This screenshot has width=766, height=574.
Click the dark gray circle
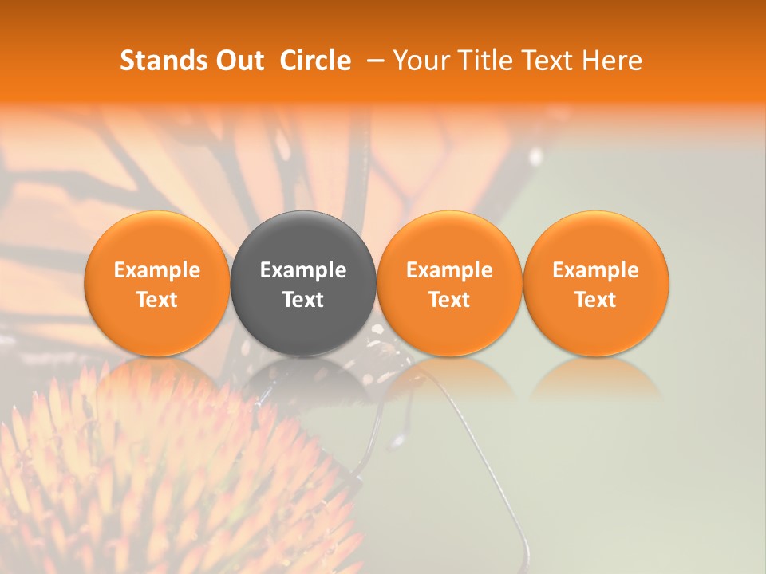pos(303,239)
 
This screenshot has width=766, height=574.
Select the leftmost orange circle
pos(157,239)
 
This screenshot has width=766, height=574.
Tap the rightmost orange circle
pos(596,239)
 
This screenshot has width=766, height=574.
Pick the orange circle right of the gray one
pos(449,239)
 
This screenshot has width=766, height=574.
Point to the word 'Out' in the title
pos(238,61)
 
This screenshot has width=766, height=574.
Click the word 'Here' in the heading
pos(612,61)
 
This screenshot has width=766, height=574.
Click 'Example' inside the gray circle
pos(303,270)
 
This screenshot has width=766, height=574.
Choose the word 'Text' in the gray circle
pos(303,300)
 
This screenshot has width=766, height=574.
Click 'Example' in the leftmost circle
pos(157,270)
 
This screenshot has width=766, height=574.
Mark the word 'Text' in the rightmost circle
pos(596,300)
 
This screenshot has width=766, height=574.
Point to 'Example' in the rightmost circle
pos(596,270)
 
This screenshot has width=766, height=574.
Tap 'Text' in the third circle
pos(449,300)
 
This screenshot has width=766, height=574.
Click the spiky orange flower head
pos(160,486)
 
